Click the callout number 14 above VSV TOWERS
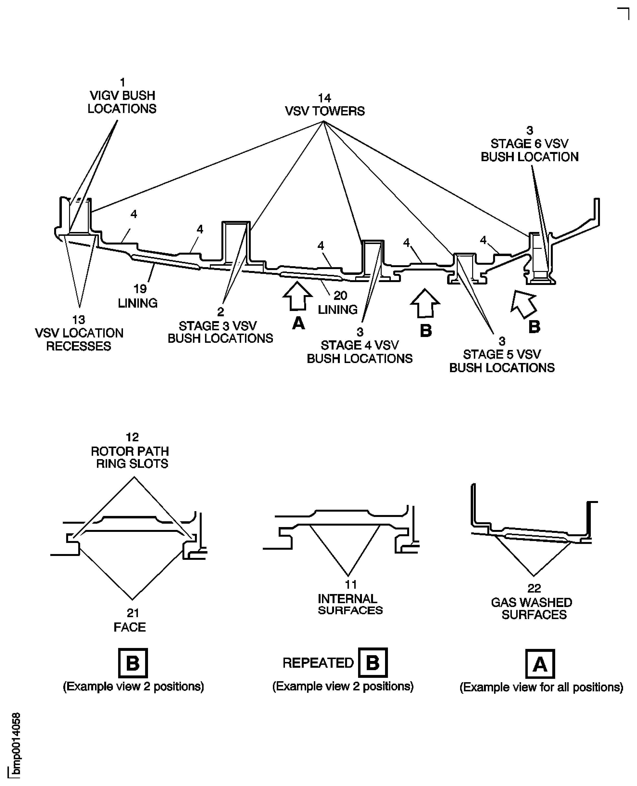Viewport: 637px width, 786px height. (324, 98)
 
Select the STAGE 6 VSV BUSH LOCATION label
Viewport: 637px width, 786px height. (529, 150)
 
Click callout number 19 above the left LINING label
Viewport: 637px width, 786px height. (140, 289)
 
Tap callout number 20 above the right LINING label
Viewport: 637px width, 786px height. (340, 296)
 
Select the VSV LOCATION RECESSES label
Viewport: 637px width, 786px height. (79, 339)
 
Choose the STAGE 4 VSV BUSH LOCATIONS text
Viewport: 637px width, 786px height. (360, 352)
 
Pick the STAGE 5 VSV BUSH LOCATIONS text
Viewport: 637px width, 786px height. (502, 361)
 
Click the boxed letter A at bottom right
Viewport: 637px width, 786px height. (540, 664)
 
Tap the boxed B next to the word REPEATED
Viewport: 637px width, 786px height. (373, 663)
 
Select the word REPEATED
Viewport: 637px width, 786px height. (318, 663)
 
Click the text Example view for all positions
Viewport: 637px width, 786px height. (541, 687)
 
